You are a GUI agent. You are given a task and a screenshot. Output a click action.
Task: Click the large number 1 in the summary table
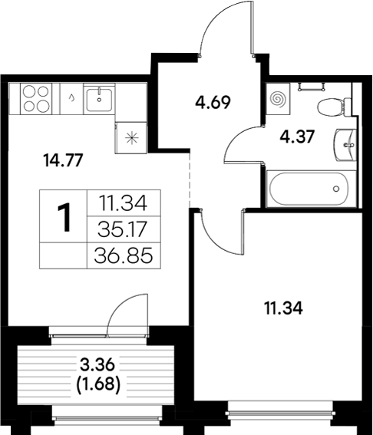(x=66, y=218)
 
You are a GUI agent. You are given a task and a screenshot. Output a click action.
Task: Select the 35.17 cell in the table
(x=123, y=228)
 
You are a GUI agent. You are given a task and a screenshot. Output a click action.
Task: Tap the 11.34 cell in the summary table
(x=123, y=203)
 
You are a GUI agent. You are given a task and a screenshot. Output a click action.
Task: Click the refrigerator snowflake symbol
(x=130, y=139)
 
